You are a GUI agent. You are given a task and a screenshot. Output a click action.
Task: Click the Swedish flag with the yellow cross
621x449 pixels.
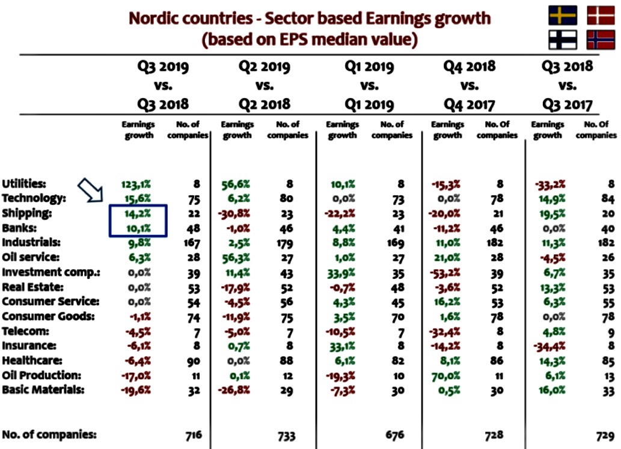pyautogui.click(x=563, y=16)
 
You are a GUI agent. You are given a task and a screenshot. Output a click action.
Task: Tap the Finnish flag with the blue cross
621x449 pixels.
pyautogui.click(x=563, y=40)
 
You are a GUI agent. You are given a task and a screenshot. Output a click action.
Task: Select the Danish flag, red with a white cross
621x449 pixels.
pyautogui.click(x=601, y=16)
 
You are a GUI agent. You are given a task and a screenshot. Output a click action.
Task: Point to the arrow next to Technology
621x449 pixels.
pyautogui.click(x=90, y=190)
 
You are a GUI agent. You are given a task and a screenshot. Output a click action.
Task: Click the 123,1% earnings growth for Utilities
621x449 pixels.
pyautogui.click(x=136, y=184)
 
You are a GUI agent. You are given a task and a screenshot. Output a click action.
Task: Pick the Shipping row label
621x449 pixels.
pyautogui.click(x=27, y=213)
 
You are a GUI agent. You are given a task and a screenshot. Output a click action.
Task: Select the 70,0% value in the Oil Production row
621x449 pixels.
pyautogui.click(x=445, y=375)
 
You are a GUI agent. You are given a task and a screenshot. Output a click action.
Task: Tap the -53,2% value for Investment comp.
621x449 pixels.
pyautogui.click(x=445, y=273)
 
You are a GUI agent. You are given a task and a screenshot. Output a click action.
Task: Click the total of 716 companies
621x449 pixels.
pyautogui.click(x=194, y=435)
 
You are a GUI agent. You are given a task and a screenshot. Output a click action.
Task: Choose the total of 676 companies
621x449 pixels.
pyautogui.click(x=394, y=435)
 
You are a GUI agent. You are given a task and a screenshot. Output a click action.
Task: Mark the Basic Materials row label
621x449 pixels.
pyautogui.click(x=43, y=389)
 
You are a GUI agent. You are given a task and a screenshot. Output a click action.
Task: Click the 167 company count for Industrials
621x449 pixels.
pyautogui.click(x=192, y=243)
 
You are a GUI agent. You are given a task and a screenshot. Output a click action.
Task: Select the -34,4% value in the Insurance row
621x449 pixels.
pyautogui.click(x=549, y=347)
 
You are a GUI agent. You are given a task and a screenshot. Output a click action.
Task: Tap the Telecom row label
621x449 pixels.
pyautogui.click(x=25, y=331)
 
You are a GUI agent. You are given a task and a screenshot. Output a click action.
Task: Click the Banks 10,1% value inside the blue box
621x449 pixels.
pyautogui.click(x=138, y=228)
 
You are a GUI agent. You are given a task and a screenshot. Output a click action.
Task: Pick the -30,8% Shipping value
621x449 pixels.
pyautogui.click(x=234, y=214)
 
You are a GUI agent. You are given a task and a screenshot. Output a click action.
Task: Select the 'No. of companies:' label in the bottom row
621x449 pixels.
pyautogui.click(x=49, y=435)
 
